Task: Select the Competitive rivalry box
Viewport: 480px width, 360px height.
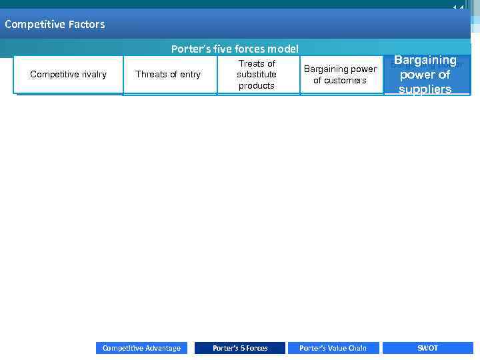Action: coord(69,75)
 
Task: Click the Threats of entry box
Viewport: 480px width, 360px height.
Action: coord(168,75)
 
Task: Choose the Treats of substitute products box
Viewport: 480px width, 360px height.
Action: coord(257,75)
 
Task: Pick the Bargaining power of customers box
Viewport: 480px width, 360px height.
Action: coord(340,75)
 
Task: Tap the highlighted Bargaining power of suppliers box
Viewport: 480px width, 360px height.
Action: coord(425,75)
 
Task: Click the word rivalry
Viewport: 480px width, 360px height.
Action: coord(91,75)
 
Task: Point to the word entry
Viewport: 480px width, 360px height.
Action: coord(187,75)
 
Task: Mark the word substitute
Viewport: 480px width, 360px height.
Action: coord(257,75)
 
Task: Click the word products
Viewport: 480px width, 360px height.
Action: coord(257,86)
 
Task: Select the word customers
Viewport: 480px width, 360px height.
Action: coord(340,81)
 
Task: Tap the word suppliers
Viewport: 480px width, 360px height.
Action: coord(425,89)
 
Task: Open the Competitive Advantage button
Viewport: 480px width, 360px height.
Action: coord(141,348)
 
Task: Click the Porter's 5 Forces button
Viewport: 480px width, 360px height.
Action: coord(240,348)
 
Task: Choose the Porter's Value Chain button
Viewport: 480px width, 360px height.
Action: coord(333,348)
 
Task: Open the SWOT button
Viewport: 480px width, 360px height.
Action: coord(427,348)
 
